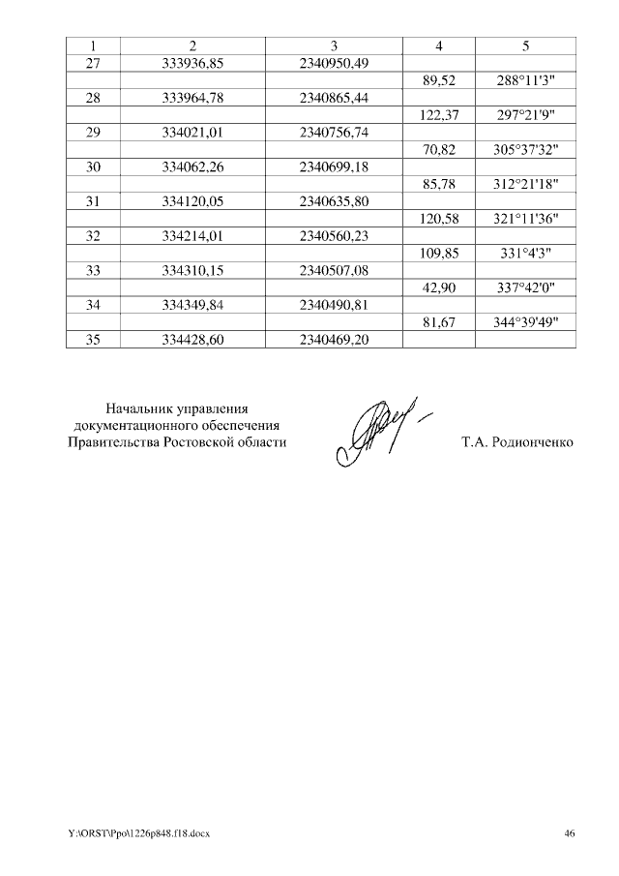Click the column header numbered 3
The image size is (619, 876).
coord(334,46)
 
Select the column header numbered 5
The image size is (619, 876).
coord(526,46)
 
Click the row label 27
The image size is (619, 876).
coord(93,64)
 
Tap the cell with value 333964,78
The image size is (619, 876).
coord(193,99)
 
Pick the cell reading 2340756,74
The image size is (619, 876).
coord(334,133)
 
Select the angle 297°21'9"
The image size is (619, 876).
coord(526,116)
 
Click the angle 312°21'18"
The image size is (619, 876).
coord(526,185)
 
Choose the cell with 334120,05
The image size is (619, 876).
coord(193,202)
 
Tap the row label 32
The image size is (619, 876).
coord(93,236)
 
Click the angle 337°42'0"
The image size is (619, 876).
coord(526,288)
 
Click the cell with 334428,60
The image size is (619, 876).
coord(193,340)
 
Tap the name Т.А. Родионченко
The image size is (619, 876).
coord(517,443)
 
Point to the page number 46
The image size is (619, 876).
coord(570,833)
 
